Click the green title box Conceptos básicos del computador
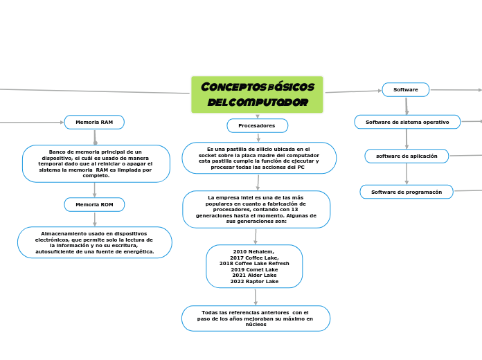[257, 94]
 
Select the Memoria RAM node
[94, 122]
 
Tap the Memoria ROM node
[94, 204]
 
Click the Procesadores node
[257, 125]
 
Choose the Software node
[406, 89]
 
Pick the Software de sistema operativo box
[407, 122]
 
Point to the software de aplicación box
[407, 156]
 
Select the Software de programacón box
[407, 191]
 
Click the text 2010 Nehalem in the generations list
[253, 252]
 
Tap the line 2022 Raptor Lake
[254, 281]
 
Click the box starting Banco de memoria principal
[96, 163]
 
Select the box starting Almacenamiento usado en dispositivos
[94, 242]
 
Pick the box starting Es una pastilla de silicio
[259, 158]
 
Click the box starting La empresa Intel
[256, 209]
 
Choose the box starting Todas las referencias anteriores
[256, 318]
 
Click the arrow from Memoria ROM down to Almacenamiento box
[95, 219]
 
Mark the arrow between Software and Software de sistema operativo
[407, 106]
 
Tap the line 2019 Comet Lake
[254, 269]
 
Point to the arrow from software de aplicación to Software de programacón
[407, 174]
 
